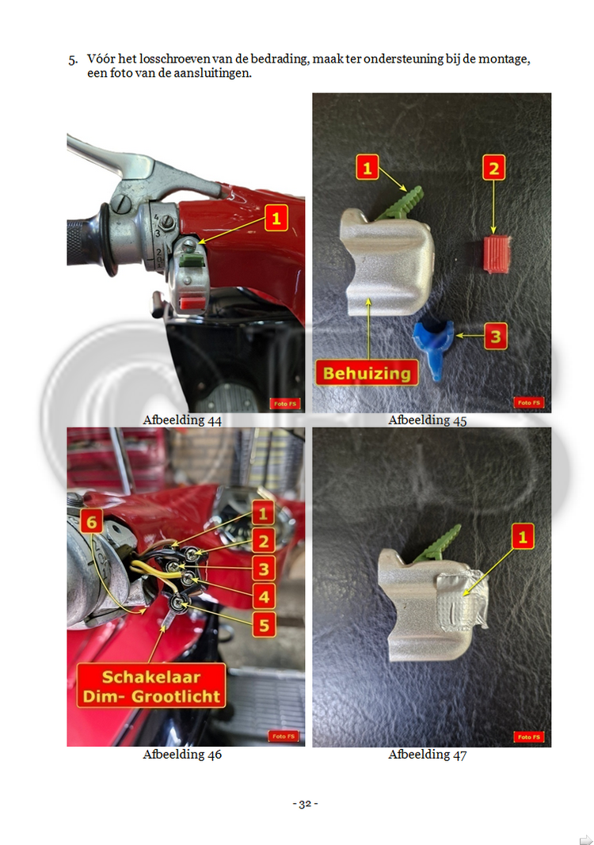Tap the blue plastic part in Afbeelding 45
click(x=434, y=348)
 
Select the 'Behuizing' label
click(x=367, y=373)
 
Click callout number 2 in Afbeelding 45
click(x=493, y=168)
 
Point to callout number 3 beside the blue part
click(x=495, y=337)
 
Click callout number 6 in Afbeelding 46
click(x=91, y=522)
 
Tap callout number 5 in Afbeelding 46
click(x=264, y=625)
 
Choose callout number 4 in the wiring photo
click(x=264, y=596)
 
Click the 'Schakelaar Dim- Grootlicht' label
click(x=151, y=686)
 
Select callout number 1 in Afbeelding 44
click(x=276, y=219)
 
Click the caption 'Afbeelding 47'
click(x=428, y=755)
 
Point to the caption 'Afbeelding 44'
click(x=182, y=420)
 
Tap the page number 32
click(x=305, y=804)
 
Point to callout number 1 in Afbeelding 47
click(x=522, y=536)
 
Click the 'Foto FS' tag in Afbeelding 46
click(x=284, y=737)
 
